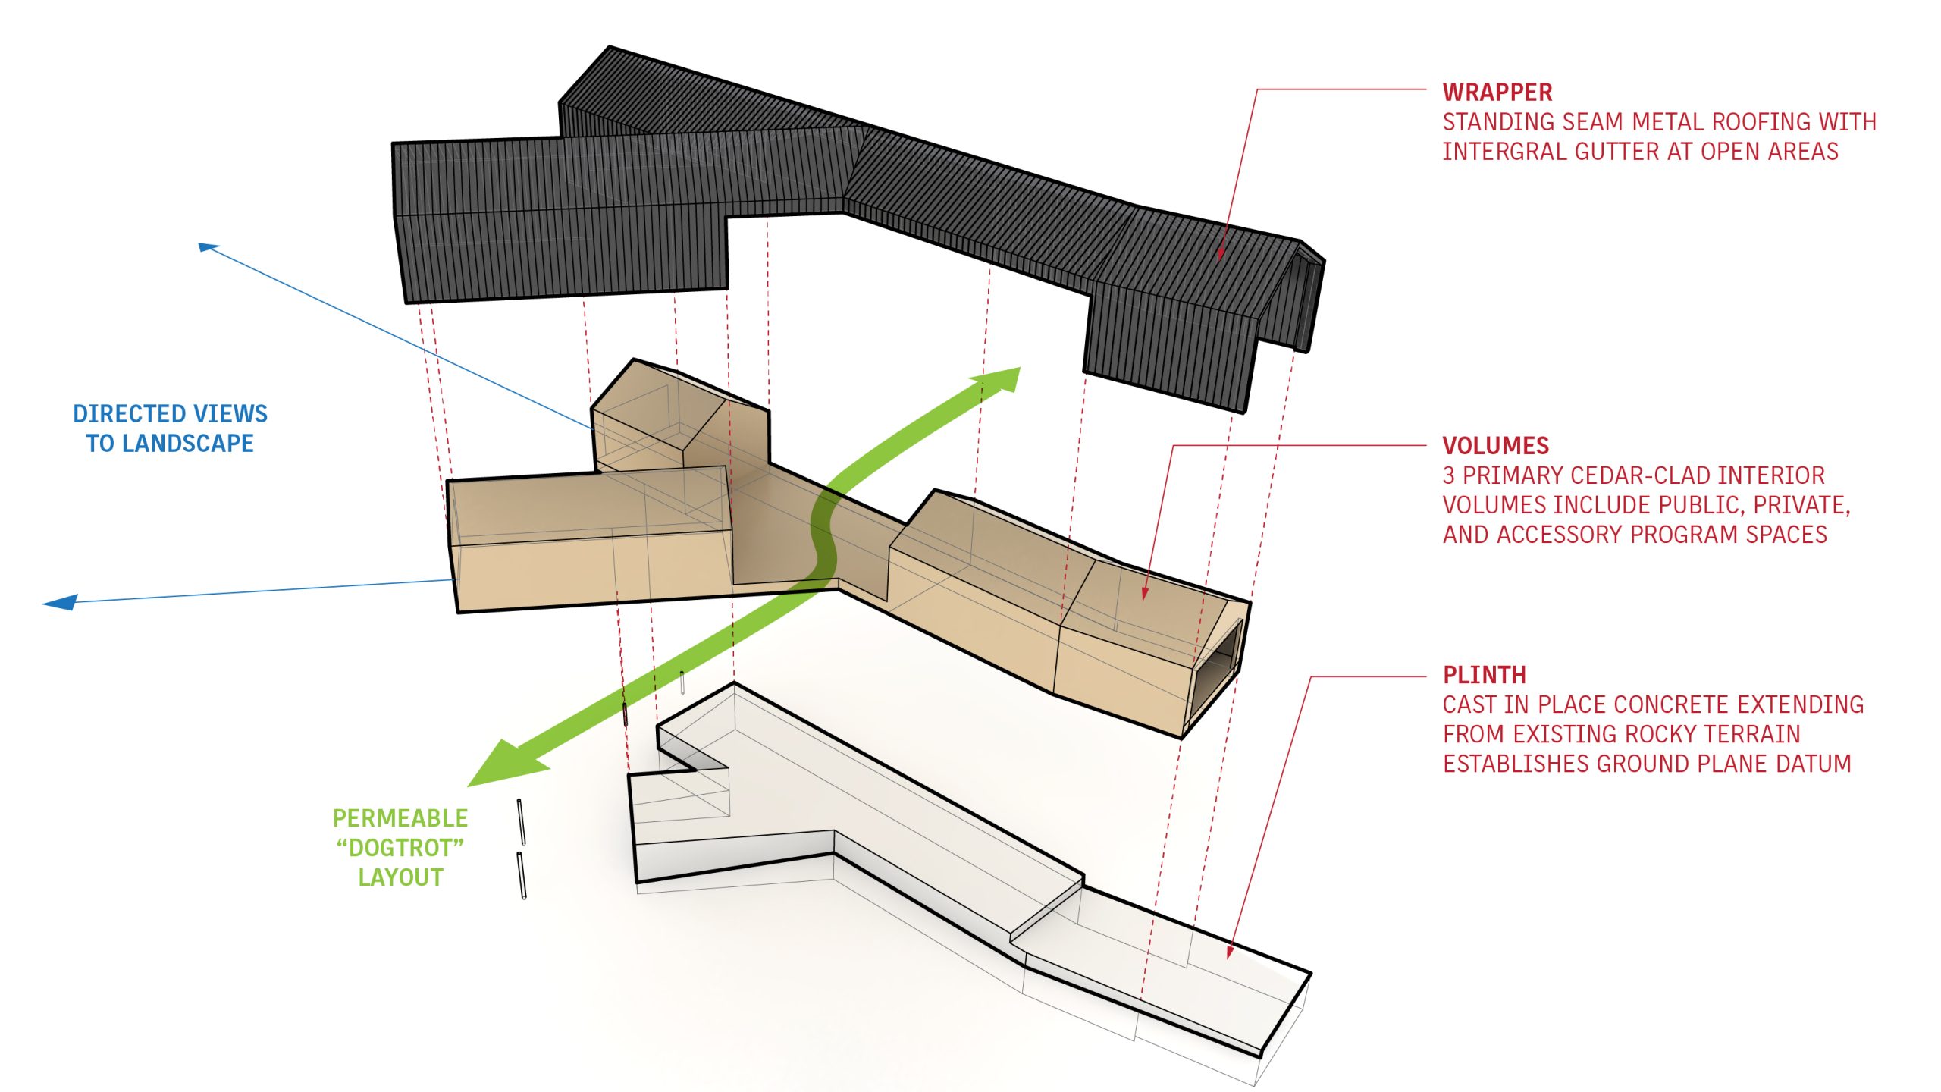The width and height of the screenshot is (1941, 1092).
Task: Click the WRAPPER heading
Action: pyautogui.click(x=1497, y=93)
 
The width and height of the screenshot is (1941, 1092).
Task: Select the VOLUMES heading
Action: pyautogui.click(x=1495, y=446)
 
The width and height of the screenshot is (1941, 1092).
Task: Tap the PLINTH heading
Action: pyautogui.click(x=1484, y=675)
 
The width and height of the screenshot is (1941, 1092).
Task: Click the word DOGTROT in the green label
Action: pyautogui.click(x=400, y=848)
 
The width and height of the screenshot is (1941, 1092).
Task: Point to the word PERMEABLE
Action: pyautogui.click(x=400, y=818)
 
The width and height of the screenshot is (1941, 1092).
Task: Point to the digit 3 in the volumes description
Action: pyautogui.click(x=1449, y=475)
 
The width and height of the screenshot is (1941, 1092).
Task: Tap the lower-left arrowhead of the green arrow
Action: pyautogui.click(x=500, y=762)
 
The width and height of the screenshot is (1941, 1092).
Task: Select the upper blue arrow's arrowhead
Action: pyautogui.click(x=207, y=246)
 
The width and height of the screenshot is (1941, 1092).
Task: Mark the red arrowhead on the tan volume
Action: pyautogui.click(x=1145, y=594)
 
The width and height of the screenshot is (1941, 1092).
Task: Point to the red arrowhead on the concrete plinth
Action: pyautogui.click(x=1230, y=951)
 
